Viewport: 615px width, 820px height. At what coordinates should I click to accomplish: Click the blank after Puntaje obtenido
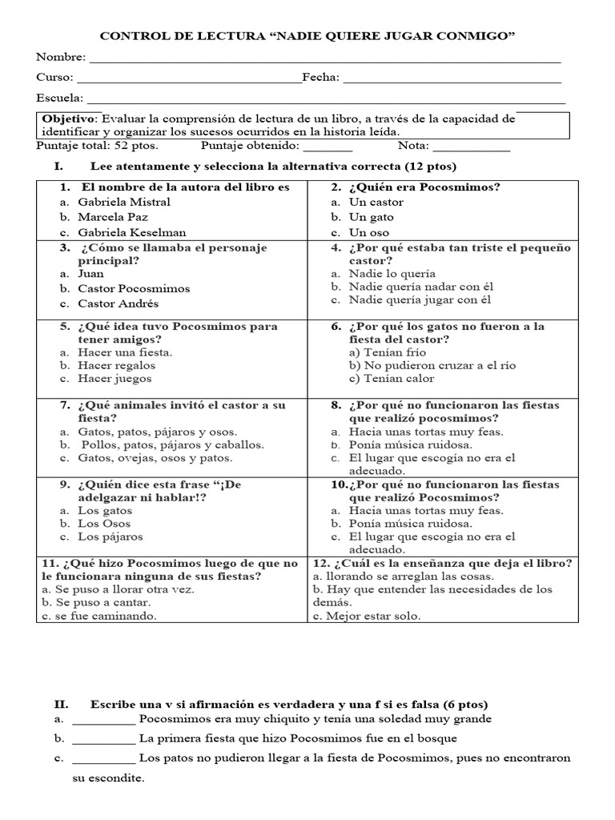click(x=328, y=148)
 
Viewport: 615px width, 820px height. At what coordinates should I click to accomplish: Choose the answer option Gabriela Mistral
click(x=124, y=202)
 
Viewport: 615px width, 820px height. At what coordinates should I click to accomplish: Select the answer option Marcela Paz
click(x=113, y=217)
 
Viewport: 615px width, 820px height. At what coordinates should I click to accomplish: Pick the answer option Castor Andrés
click(x=118, y=303)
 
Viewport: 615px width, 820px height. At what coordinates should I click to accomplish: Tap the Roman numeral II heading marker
click(x=61, y=704)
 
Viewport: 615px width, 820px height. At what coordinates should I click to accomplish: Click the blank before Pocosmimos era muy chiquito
click(x=103, y=719)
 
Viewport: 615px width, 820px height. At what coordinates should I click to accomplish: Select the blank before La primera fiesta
click(x=103, y=738)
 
